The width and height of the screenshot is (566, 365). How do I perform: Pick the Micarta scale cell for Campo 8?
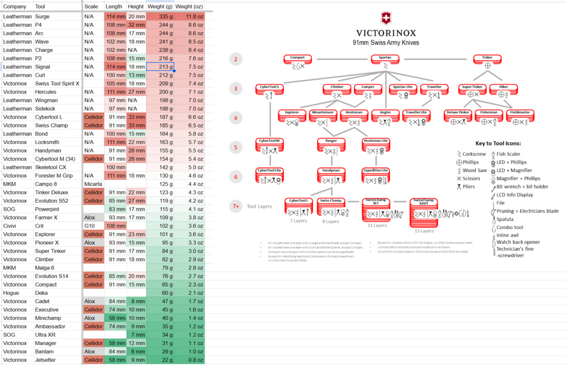[x=93, y=184]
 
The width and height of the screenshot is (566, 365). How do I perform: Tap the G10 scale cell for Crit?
[x=90, y=226]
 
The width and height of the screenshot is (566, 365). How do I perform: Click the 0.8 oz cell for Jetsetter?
[x=189, y=360]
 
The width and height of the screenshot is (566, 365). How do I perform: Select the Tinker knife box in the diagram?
[x=487, y=58]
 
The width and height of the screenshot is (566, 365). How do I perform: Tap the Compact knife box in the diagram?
[x=298, y=58]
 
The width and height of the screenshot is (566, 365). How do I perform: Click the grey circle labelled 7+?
[x=236, y=207]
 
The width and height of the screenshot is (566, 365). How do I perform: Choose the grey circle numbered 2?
[x=236, y=59]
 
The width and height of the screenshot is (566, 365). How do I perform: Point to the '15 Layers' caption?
[x=425, y=231]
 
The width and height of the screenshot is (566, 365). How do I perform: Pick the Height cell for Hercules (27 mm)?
[x=136, y=92]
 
